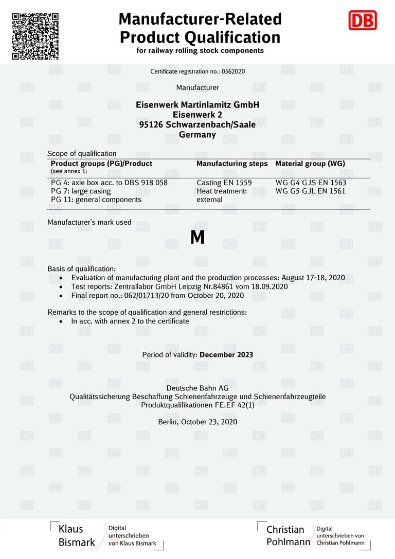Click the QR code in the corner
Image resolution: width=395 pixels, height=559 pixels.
tap(35, 36)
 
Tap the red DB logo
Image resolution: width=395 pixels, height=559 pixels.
tap(363, 21)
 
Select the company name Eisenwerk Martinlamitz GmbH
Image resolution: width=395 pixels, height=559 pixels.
tap(197, 105)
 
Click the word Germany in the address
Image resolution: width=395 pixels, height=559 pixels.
tap(197, 135)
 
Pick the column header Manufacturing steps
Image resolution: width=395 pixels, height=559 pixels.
tap(232, 164)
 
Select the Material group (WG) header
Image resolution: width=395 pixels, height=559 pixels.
tap(310, 164)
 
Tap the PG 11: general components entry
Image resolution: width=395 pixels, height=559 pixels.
tap(96, 200)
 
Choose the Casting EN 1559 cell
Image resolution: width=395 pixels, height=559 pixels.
tap(224, 183)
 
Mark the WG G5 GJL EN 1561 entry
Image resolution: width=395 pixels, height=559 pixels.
tap(311, 191)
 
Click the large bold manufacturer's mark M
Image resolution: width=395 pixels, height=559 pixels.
tap(197, 238)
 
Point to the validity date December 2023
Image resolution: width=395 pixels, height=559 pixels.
tap(226, 355)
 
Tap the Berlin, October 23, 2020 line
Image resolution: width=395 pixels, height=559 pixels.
tap(197, 422)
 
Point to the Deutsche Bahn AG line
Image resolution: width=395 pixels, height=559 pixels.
tap(197, 388)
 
